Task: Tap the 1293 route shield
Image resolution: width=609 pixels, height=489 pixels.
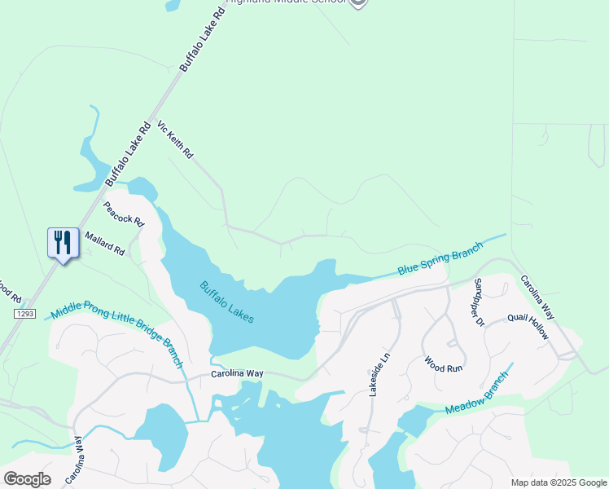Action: pos(24,313)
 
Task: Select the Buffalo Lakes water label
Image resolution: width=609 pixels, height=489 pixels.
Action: pos(227,302)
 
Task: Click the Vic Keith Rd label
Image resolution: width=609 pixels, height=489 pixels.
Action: pos(175,140)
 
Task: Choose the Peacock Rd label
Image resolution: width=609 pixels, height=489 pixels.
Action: pos(123,214)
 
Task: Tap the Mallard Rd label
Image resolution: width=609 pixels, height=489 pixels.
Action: pos(105,243)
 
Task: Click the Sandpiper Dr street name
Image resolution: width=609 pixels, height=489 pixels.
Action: pos(480,302)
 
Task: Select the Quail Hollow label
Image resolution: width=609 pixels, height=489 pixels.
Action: pos(528,327)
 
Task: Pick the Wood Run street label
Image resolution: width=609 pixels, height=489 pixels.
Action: pos(443,363)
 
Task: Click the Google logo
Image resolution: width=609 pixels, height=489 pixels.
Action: pos(27,479)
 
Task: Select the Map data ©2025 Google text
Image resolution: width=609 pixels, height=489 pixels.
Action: pos(558,482)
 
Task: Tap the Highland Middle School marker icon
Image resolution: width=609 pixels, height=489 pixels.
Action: pos(358,2)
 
